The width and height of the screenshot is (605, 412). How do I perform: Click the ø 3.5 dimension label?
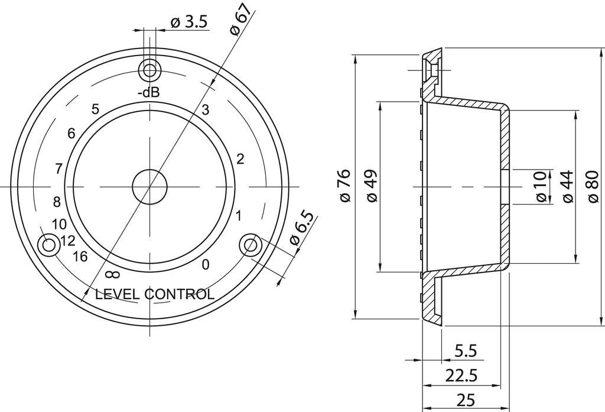(x=188, y=22)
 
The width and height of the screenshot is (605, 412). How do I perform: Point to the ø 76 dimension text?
(x=346, y=186)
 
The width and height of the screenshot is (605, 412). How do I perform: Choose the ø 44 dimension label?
(x=568, y=187)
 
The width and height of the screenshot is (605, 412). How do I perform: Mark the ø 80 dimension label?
(x=594, y=187)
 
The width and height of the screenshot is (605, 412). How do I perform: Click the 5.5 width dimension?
(x=466, y=351)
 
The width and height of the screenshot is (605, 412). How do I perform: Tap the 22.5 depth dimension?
(x=461, y=375)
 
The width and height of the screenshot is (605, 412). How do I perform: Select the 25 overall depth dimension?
(x=466, y=400)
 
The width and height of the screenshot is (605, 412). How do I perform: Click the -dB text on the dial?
(x=148, y=93)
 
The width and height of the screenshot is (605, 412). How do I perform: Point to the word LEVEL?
(x=118, y=294)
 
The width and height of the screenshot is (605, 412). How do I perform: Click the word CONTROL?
(x=179, y=294)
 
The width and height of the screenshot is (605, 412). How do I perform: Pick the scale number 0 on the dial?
(x=205, y=265)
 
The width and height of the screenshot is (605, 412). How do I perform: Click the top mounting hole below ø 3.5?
(x=149, y=71)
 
